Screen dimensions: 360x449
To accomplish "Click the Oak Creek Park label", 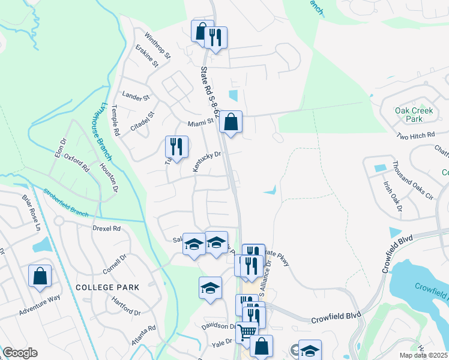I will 409,115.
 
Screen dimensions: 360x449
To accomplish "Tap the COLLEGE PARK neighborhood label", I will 107,287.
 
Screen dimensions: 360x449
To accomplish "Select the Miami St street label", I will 200,122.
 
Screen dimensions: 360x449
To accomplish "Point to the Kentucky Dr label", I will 207,162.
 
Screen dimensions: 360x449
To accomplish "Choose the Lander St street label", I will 134,95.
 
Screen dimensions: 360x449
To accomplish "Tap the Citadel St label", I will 143,122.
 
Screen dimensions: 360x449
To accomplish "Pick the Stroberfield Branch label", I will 65,203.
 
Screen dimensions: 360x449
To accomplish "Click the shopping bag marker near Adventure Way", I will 40,276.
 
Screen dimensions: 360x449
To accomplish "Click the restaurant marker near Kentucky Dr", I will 176,146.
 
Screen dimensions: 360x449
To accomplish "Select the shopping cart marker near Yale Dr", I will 247,332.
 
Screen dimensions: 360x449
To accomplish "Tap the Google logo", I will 20,353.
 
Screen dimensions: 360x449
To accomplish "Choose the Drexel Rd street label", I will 107,229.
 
